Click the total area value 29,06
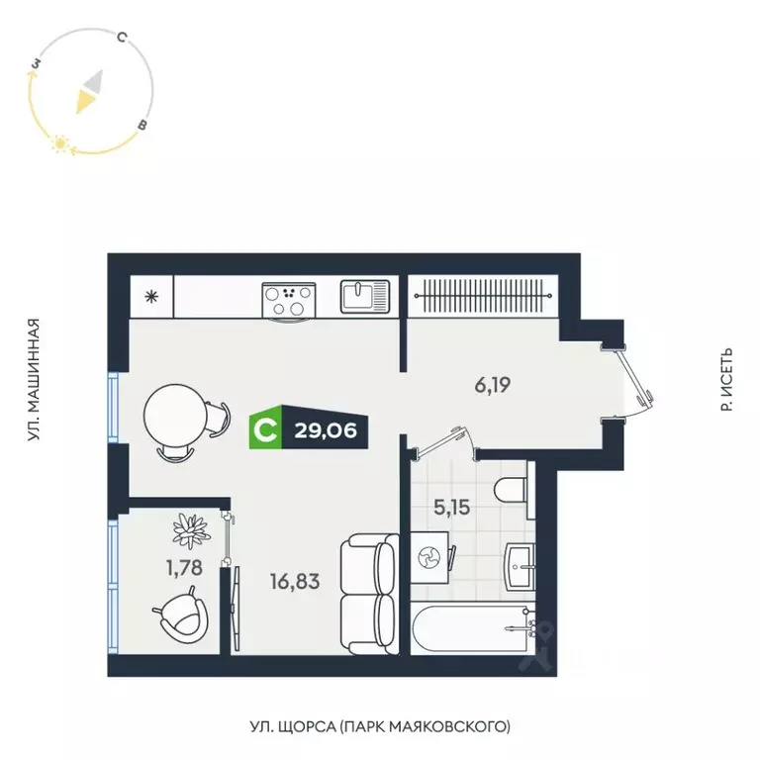[325, 429]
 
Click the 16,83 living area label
[294, 582]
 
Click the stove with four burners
[289, 299]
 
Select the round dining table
[176, 416]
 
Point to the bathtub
[471, 628]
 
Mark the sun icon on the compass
[61, 144]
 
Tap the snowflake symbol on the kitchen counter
[151, 296]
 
